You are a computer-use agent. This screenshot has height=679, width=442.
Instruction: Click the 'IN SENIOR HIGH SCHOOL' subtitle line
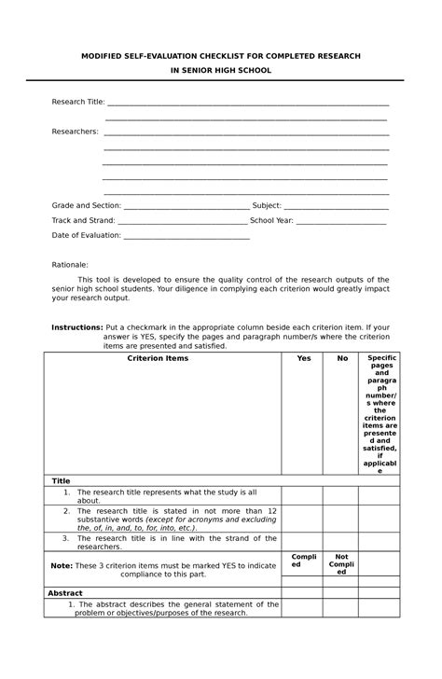(x=221, y=70)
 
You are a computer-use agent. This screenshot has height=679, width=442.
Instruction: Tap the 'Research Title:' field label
(x=77, y=102)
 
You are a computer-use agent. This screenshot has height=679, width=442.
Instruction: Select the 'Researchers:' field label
(x=75, y=132)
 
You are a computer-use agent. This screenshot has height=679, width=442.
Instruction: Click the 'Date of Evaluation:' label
(x=87, y=236)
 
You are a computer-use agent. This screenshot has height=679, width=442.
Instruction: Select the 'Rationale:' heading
(x=70, y=265)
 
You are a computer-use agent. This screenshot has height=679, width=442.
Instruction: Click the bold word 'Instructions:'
(x=76, y=328)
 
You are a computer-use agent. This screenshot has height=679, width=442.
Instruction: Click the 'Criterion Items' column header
(x=163, y=358)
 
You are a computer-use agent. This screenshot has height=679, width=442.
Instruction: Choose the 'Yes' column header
(x=304, y=358)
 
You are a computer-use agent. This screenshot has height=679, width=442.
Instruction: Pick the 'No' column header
(x=342, y=358)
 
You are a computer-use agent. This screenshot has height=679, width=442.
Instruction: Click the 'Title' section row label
(x=61, y=480)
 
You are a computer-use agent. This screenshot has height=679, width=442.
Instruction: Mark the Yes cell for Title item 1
(x=304, y=495)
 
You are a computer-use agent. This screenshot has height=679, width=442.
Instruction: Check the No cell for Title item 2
(x=342, y=518)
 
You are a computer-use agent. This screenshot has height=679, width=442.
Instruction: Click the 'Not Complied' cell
(x=342, y=563)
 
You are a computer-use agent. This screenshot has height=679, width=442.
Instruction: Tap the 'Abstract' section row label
(x=66, y=592)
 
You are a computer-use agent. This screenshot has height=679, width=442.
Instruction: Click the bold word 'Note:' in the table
(x=62, y=565)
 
